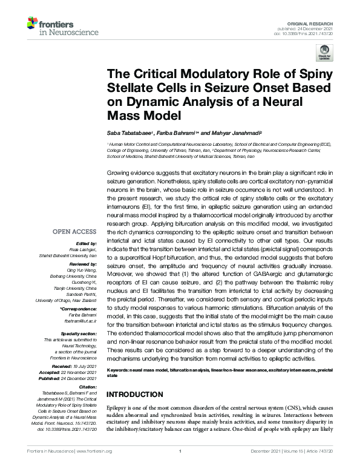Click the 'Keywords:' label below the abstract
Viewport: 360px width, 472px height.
[119, 369]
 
